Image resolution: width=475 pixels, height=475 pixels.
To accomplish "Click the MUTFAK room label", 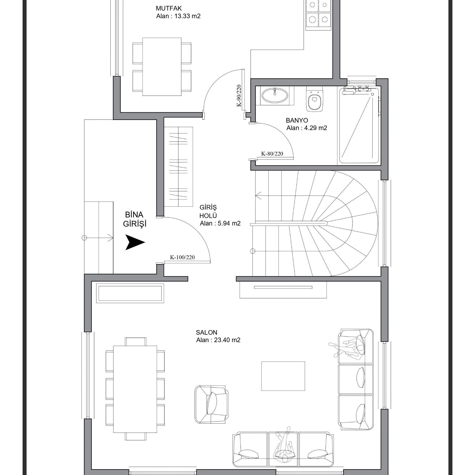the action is [x=169, y=8].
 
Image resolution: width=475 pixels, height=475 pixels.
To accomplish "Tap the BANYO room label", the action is [x=297, y=121].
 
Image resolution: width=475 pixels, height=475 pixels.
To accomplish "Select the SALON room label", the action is [x=207, y=332].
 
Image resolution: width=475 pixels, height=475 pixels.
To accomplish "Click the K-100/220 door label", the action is [x=182, y=257].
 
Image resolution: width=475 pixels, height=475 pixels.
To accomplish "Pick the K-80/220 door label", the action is [x=272, y=154].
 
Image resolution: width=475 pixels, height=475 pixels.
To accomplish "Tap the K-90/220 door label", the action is [x=239, y=96].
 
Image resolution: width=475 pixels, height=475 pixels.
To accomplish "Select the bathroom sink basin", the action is [x=275, y=95].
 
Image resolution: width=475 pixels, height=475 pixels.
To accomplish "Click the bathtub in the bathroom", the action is [x=359, y=126].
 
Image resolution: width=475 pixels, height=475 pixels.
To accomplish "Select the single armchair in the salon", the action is [x=212, y=404].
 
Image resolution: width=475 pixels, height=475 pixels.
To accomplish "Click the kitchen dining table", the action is [x=162, y=67].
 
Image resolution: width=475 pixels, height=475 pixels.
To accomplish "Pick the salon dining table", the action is [x=135, y=389].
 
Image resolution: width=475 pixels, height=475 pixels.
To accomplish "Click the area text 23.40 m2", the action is [x=227, y=340].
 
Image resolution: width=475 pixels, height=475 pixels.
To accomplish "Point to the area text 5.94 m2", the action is [x=229, y=223].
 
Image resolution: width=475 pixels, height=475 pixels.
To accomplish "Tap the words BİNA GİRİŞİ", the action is [x=135, y=219].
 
